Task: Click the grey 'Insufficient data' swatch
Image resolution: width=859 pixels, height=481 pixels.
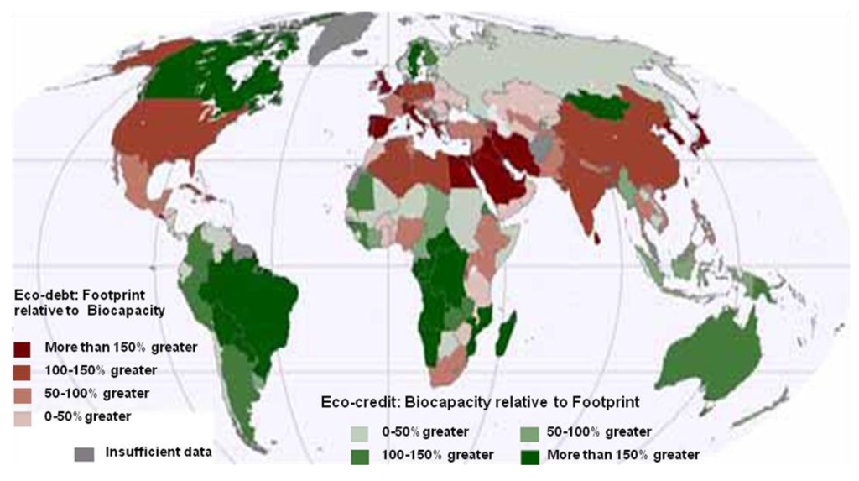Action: tap(84, 453)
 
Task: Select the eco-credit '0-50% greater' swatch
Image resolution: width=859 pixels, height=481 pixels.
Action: tap(360, 433)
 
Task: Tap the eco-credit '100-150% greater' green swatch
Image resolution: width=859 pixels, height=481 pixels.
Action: tap(360, 455)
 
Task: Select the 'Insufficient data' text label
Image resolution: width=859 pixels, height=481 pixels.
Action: tap(158, 452)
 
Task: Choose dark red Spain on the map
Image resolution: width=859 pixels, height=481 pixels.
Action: tap(380, 130)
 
